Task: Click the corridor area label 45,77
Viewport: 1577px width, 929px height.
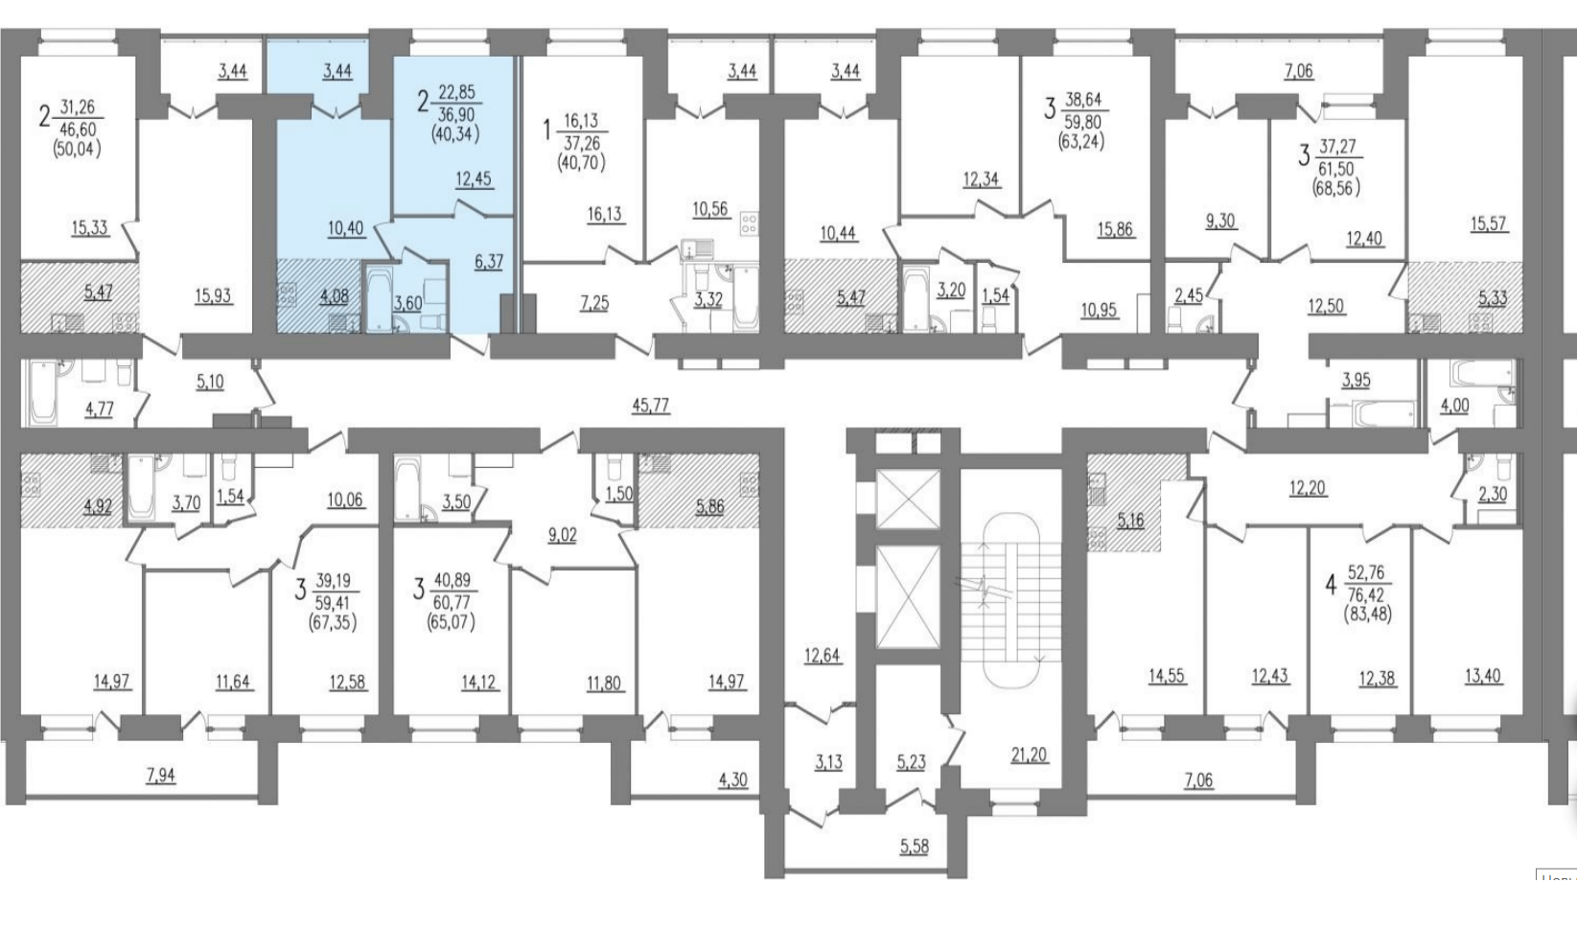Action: [x=651, y=406]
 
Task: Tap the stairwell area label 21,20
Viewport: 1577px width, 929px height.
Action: [x=1030, y=755]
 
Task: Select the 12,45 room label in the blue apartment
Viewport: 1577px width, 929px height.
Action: [x=474, y=179]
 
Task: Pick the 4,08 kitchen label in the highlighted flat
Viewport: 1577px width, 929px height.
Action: [x=334, y=296]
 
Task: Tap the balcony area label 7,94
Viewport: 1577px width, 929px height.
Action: [x=160, y=777]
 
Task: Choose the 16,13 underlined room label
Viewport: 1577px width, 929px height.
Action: [x=606, y=214]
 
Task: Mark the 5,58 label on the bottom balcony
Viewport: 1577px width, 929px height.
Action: [x=914, y=846]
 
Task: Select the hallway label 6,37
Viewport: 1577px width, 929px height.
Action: [x=489, y=262]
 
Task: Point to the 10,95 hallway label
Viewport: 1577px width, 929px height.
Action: [x=1099, y=310]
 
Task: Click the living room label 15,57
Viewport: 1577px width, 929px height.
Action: [x=1488, y=224]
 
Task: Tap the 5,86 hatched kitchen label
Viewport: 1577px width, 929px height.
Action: [x=709, y=506]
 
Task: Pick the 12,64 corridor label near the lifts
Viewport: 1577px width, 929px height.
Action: [x=823, y=657]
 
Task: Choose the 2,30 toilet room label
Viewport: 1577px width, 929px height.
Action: [x=1493, y=495]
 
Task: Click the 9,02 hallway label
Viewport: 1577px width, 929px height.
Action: [x=562, y=536]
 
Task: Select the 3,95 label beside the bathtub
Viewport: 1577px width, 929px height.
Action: [x=1356, y=381]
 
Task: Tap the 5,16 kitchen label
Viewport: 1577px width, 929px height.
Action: [x=1130, y=521]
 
